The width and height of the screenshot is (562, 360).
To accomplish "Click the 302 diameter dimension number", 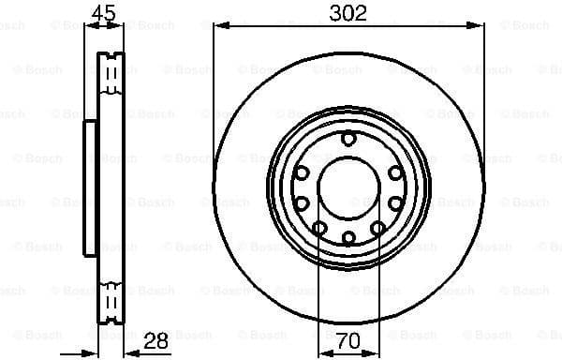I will (x=348, y=12).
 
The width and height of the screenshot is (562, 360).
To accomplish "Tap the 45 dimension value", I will (x=104, y=12).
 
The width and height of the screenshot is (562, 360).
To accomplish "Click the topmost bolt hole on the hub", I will (x=348, y=140).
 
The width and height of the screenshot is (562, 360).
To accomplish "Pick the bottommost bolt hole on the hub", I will (x=348, y=238).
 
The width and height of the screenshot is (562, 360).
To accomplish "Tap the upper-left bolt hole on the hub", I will (x=303, y=172).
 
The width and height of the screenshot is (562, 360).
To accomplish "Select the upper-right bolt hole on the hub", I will (x=395, y=172).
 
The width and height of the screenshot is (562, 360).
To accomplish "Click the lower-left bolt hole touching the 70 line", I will (x=319, y=228).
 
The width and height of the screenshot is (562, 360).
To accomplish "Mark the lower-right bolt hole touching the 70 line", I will (x=377, y=228).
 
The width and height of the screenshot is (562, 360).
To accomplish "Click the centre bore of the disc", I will (x=348, y=188).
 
